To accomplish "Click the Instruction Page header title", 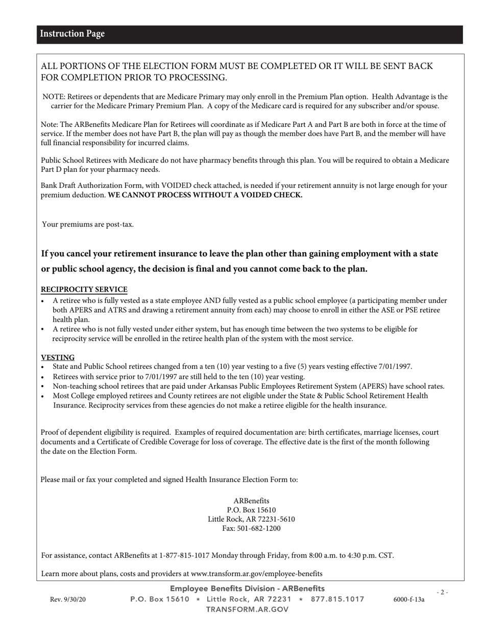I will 72,34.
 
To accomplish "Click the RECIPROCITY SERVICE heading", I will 84,289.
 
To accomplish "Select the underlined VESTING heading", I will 58,357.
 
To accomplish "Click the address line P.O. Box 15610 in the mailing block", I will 251,510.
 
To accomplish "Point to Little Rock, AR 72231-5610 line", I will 251,519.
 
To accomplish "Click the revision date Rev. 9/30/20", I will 68,599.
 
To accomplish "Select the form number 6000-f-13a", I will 408,599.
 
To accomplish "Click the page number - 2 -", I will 442,592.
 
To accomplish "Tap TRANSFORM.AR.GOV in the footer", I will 247,609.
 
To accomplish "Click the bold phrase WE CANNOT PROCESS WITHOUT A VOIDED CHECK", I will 205,195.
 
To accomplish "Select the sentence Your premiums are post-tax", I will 88,224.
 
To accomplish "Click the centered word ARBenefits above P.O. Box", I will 251,501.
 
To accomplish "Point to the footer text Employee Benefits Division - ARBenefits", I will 247,589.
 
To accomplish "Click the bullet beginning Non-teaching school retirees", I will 248,386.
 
